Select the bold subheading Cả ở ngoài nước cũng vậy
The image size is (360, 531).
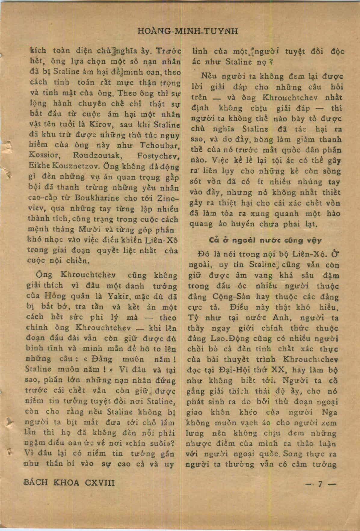265,240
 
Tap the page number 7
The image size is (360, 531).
321,484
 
